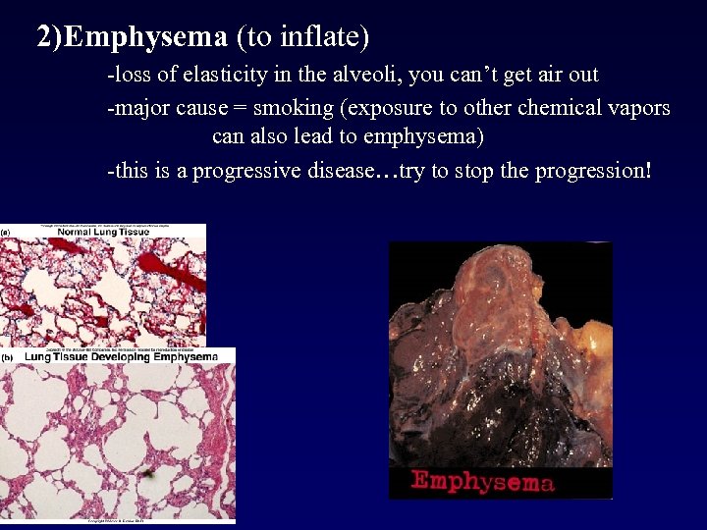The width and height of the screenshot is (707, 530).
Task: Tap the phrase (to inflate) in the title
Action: tap(302, 38)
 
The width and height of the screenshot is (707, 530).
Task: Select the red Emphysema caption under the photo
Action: tap(482, 481)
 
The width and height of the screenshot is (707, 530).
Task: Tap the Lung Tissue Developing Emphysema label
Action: tap(120, 356)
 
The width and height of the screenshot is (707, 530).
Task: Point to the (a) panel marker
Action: tap(6, 232)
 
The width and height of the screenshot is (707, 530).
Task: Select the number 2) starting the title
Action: tap(48, 38)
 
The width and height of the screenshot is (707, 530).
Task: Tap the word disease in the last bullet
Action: tap(341, 171)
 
